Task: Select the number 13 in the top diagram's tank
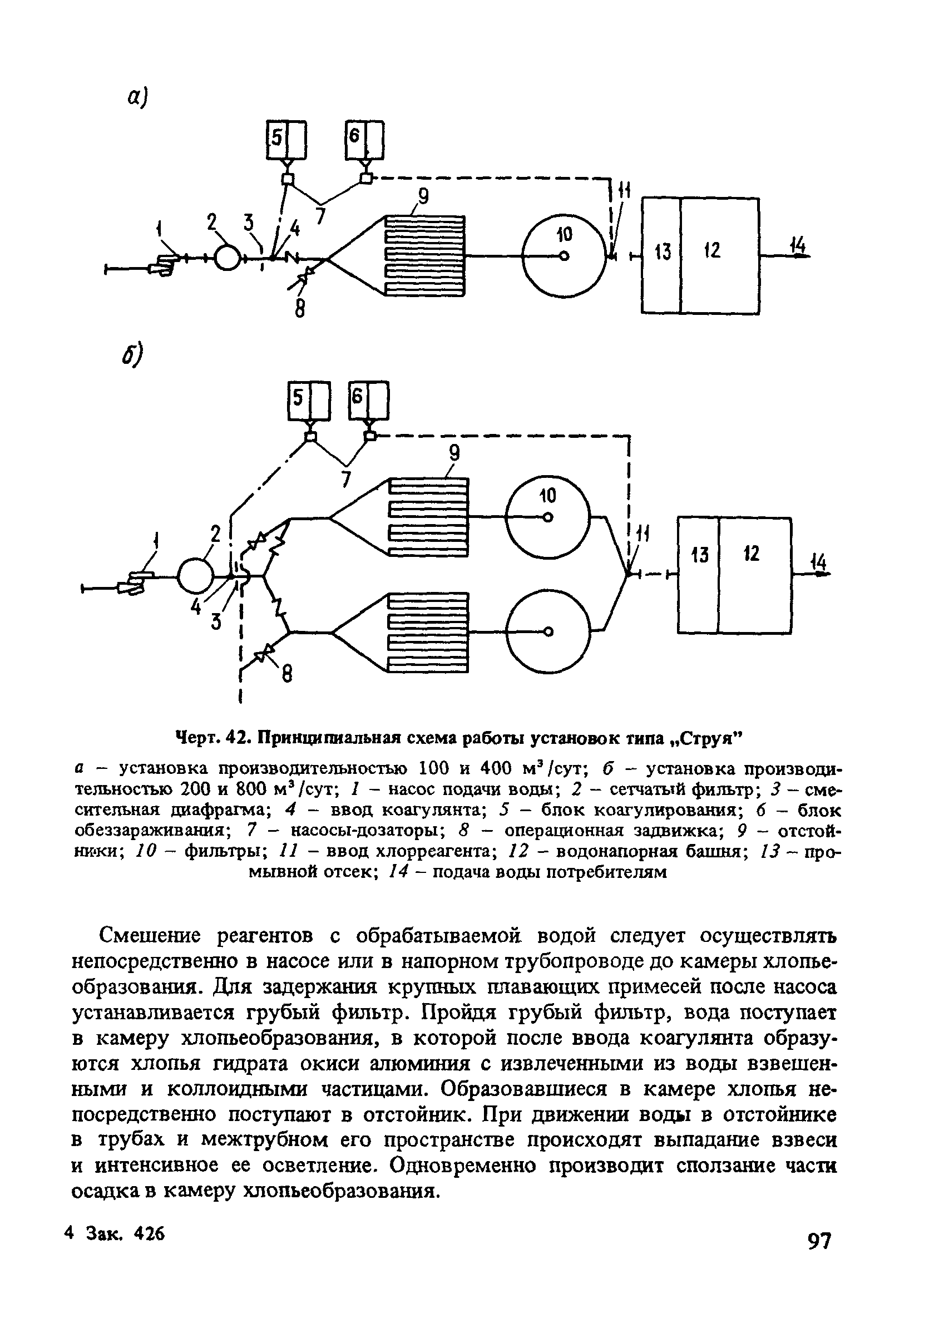[x=663, y=252]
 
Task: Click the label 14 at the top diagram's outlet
[x=798, y=246]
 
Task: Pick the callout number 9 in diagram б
[x=454, y=453]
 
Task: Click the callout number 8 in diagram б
[x=286, y=674]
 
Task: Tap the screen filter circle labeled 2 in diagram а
[x=228, y=258]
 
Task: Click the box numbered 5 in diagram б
[x=309, y=401]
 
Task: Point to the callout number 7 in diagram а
[x=320, y=216]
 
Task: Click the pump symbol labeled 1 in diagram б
[x=134, y=583]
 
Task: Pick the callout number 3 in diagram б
[x=216, y=620]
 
